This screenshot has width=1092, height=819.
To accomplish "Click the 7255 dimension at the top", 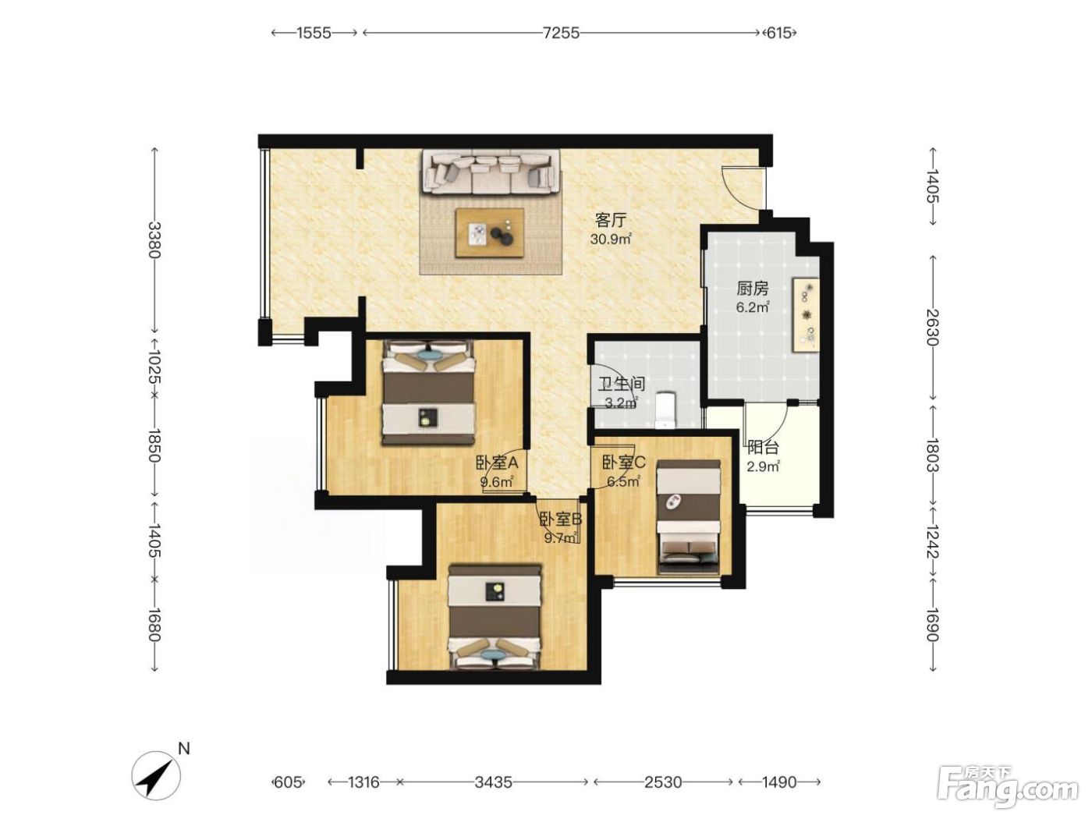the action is point(561,33).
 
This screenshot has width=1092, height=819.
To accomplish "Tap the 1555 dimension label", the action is point(314,33).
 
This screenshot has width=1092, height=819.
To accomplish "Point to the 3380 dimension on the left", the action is point(155,239).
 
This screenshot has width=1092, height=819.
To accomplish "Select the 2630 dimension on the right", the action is point(932,328).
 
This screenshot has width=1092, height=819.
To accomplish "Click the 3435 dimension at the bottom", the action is point(493,782).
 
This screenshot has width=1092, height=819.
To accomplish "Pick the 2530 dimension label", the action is point(663,782).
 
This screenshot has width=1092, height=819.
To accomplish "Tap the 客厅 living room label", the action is point(611,220).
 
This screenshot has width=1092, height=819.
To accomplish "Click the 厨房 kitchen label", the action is point(752,289).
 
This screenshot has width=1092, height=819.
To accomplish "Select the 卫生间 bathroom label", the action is point(622,384).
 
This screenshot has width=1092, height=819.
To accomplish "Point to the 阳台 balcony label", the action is point(763,448).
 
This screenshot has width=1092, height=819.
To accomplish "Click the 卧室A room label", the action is point(497,463).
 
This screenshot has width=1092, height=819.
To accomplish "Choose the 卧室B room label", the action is point(561,519).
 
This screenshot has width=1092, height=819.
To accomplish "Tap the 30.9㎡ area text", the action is point(611,239).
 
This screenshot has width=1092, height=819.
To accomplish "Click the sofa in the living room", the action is point(492,172).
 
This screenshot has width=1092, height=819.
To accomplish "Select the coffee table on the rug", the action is point(490,232).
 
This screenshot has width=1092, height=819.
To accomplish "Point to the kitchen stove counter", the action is point(806,315).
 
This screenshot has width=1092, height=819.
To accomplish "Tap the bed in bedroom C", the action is point(689,517).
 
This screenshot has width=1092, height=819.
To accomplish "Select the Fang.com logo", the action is point(1008,788).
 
